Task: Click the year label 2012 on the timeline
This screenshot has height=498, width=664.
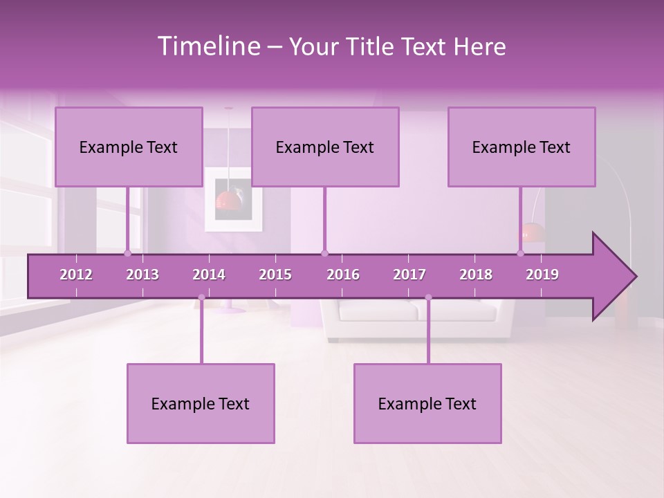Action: click(x=76, y=275)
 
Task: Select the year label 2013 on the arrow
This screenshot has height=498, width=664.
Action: click(x=142, y=275)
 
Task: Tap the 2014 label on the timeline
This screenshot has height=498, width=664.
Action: click(x=209, y=275)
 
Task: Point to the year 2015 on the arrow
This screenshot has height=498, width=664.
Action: click(x=275, y=275)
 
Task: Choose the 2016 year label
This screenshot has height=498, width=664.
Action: click(x=343, y=275)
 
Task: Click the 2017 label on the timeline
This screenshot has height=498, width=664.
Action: click(x=409, y=275)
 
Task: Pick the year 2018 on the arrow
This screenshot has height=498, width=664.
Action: click(x=476, y=275)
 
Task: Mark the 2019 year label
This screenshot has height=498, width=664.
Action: click(x=542, y=275)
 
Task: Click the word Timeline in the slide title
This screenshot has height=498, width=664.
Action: click(x=208, y=46)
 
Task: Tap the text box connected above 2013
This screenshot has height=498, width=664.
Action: click(x=129, y=147)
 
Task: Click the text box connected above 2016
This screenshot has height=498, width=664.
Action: click(x=325, y=147)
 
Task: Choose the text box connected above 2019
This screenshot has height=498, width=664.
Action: click(x=522, y=147)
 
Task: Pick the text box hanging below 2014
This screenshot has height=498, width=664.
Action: click(x=201, y=403)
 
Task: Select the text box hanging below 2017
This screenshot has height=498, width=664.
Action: click(x=427, y=403)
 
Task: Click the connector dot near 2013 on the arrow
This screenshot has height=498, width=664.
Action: click(x=128, y=253)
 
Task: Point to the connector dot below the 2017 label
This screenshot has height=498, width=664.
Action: click(x=428, y=298)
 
